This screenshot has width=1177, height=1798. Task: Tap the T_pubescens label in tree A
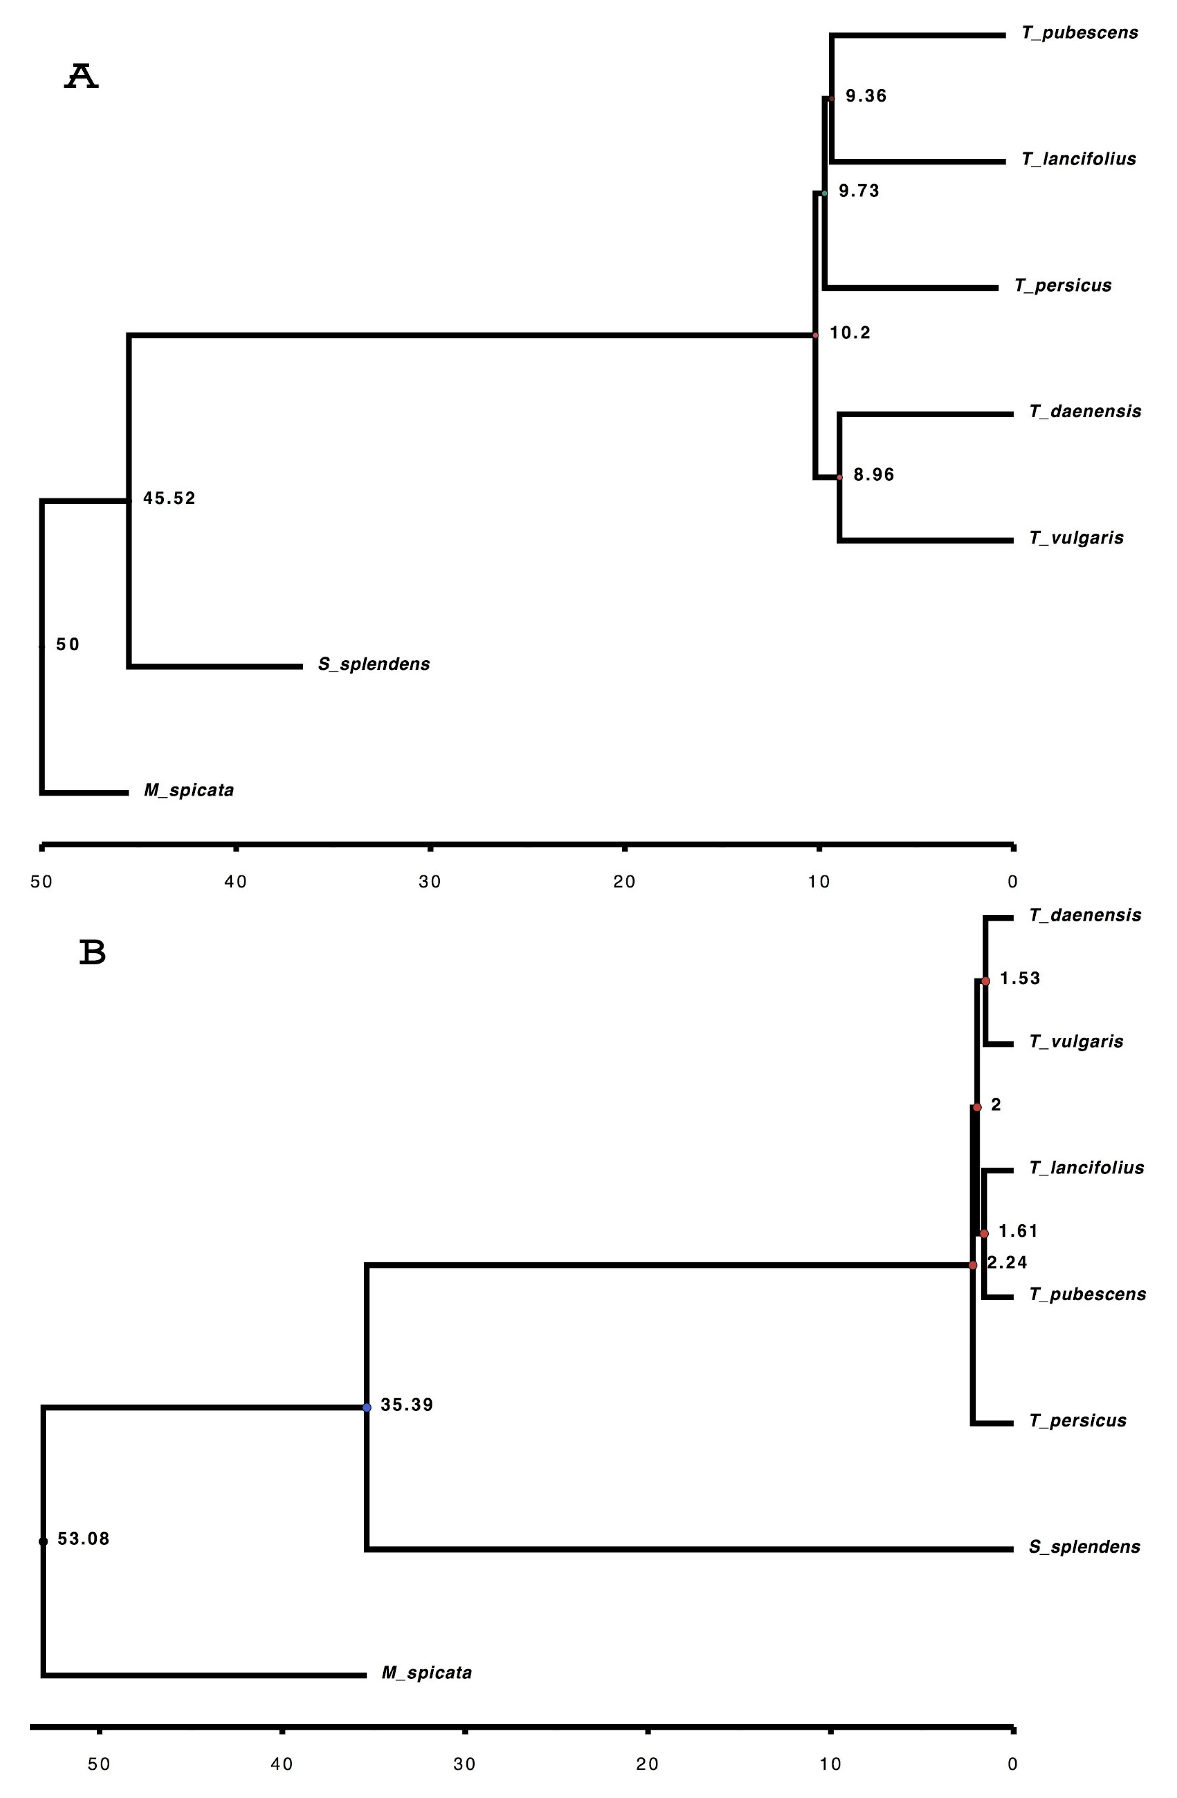1079,33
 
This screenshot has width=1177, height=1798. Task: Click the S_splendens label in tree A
373,664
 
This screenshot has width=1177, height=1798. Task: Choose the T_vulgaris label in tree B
1076,1042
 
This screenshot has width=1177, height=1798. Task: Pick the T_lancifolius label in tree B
1086,1168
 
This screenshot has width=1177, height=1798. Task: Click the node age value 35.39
407,1405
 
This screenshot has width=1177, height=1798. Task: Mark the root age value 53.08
83,1539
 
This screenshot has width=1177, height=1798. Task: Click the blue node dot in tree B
367,1407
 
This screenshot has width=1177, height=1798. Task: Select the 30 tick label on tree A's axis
430,882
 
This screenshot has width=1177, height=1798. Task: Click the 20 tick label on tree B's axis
647,1764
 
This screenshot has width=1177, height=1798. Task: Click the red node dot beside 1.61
983,1233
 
